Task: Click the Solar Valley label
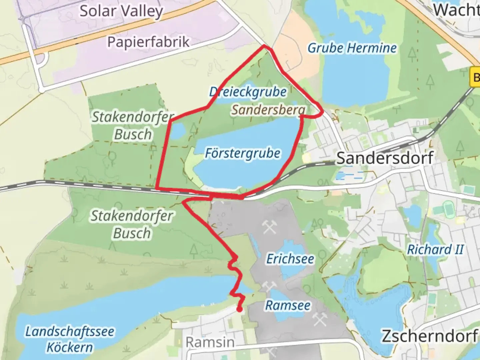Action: pyautogui.click(x=121, y=11)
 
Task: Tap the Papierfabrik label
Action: pyautogui.click(x=148, y=42)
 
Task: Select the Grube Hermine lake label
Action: pyautogui.click(x=352, y=48)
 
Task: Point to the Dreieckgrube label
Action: pyautogui.click(x=248, y=92)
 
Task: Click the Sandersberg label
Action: pyautogui.click(x=268, y=110)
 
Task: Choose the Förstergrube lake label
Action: pyautogui.click(x=243, y=154)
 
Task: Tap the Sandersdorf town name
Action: pyautogui.click(x=385, y=158)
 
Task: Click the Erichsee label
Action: pyautogui.click(x=290, y=259)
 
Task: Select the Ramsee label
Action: pyautogui.click(x=288, y=305)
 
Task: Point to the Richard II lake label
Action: pyautogui.click(x=435, y=250)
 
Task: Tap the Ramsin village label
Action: pyautogui.click(x=210, y=342)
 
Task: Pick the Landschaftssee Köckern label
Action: pyautogui.click(x=70, y=339)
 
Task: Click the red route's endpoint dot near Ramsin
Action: pyautogui.click(x=239, y=310)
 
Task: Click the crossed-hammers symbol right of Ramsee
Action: pyautogui.click(x=319, y=320)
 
